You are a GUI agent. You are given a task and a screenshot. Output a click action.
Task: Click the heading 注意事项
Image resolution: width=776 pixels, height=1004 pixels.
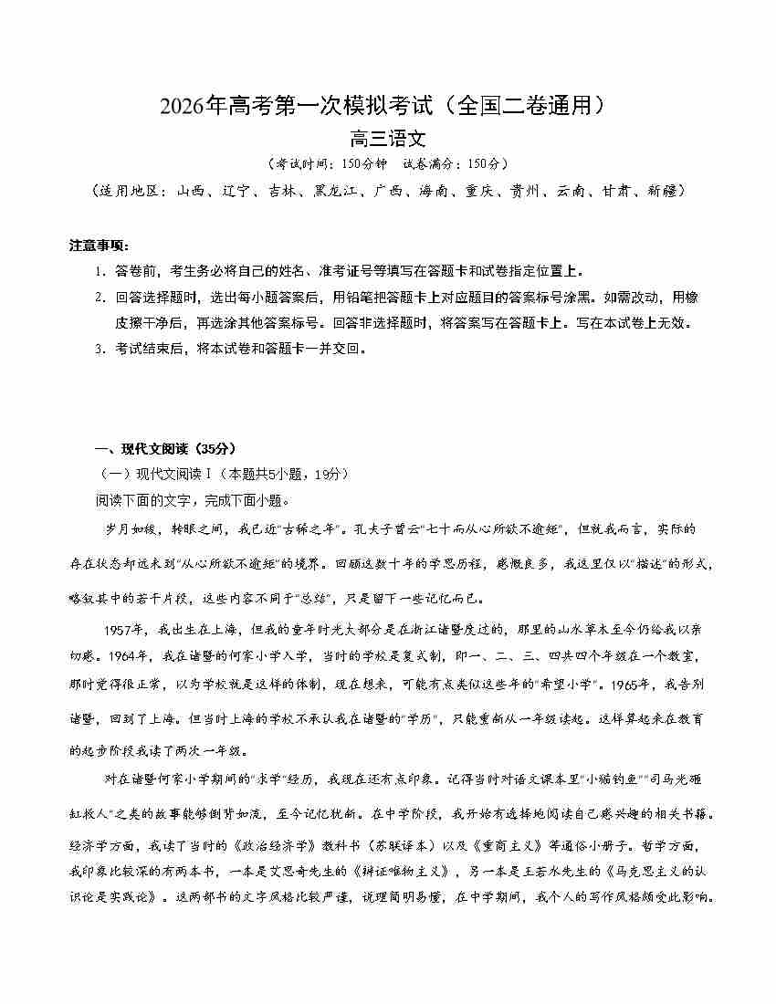click(100, 246)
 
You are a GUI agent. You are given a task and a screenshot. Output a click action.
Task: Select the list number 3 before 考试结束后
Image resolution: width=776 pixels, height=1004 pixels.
click(99, 349)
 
